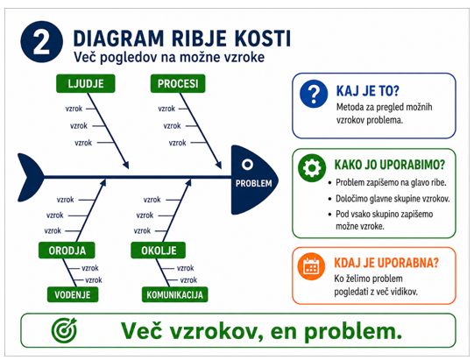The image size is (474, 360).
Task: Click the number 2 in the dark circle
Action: (41, 42)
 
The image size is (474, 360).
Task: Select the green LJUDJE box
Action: (86, 83)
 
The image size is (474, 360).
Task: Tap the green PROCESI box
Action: (178, 83)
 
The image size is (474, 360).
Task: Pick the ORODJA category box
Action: (67, 251)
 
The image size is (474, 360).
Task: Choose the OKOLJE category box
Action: (159, 251)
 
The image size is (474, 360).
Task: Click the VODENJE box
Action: (73, 294)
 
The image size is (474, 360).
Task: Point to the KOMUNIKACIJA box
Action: (174, 294)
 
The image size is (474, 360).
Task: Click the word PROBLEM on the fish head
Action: (253, 183)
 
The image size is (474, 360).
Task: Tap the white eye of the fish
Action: (247, 165)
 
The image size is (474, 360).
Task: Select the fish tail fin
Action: (31, 178)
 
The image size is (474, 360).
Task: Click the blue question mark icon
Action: (314, 94)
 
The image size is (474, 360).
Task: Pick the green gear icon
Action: (312, 168)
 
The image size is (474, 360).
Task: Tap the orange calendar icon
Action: (311, 266)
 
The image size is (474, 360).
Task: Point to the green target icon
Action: (64, 329)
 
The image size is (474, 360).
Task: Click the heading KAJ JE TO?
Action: (368, 91)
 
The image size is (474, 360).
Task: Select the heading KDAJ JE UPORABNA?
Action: (386, 263)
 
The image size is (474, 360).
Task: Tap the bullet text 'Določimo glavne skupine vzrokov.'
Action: (393, 199)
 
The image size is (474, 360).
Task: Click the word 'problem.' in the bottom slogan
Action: (353, 332)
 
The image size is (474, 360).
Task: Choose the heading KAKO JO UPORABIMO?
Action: (389, 165)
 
